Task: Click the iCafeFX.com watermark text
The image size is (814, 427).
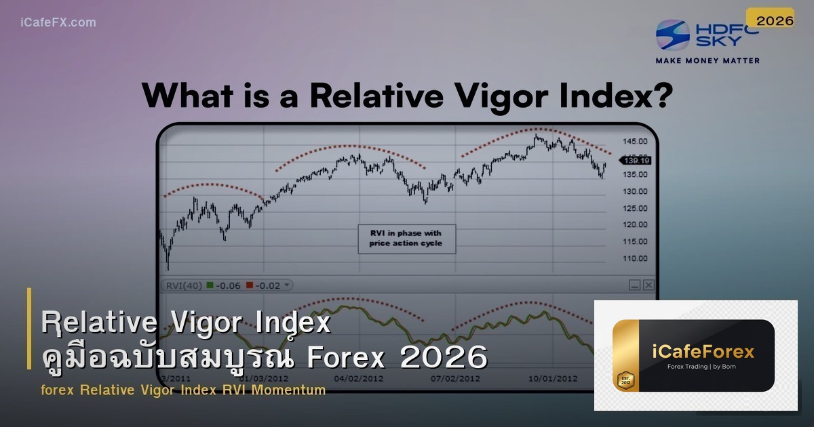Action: point(58,22)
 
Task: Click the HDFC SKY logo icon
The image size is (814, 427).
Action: point(673,35)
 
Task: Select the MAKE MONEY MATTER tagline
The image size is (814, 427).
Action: point(708,60)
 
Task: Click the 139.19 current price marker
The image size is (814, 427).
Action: point(637,160)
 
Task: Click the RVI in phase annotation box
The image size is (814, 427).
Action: point(406,239)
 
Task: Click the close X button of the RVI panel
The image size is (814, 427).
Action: point(648,285)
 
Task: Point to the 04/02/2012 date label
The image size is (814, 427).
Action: point(360,378)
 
